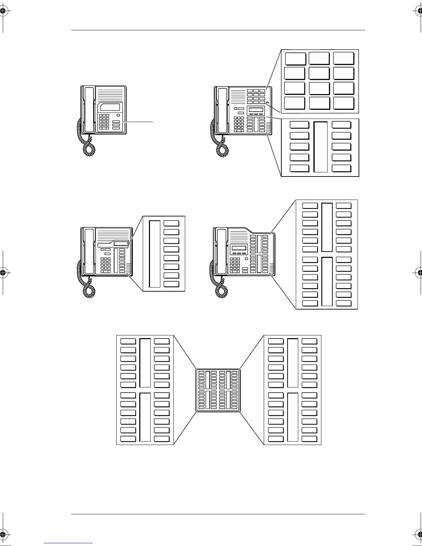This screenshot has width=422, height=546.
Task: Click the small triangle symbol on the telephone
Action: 268,102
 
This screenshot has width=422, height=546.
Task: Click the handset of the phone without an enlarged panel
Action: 89,110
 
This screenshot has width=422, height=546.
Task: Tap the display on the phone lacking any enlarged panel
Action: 110,107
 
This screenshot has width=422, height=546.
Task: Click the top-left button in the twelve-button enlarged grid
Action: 295,58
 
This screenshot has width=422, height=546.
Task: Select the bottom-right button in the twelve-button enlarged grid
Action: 344,103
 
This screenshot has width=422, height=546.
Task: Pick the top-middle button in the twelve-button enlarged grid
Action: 319,58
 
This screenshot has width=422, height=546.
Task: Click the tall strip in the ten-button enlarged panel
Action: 321,146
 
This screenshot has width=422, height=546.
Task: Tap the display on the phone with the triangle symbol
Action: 256,110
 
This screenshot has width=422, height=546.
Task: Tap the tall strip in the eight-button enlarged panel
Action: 155,254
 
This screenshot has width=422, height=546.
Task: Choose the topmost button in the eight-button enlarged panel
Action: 171,223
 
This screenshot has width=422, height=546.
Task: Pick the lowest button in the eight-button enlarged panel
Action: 171,284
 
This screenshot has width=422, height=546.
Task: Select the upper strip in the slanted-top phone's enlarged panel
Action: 327,228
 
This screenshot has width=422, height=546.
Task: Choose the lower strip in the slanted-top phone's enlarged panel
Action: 327,282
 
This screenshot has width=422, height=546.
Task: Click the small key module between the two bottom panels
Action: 218,390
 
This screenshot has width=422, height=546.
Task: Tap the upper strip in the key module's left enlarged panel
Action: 145,363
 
